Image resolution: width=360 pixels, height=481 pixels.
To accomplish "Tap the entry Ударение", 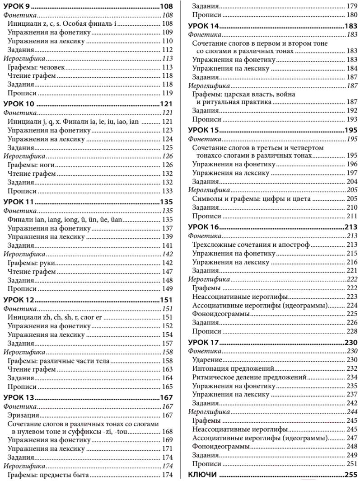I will tap(207, 359).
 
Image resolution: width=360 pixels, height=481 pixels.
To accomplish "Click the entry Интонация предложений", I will tap(231, 368).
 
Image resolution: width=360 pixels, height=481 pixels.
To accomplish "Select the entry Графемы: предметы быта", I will tap(48, 475).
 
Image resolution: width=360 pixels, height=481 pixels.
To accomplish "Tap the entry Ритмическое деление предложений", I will tap(249, 377).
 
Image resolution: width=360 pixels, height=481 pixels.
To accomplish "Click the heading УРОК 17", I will tap(204, 343).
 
